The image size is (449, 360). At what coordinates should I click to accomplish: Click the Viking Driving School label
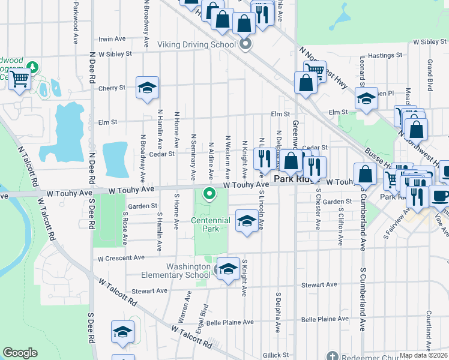196,45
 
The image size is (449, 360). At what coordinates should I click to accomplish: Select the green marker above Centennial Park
209,193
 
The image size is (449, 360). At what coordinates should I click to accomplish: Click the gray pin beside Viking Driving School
245,44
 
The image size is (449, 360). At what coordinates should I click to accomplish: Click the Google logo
20,353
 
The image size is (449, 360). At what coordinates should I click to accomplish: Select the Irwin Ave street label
112,39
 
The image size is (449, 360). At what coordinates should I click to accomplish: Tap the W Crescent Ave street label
122,257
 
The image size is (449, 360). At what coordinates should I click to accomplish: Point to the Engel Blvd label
204,315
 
